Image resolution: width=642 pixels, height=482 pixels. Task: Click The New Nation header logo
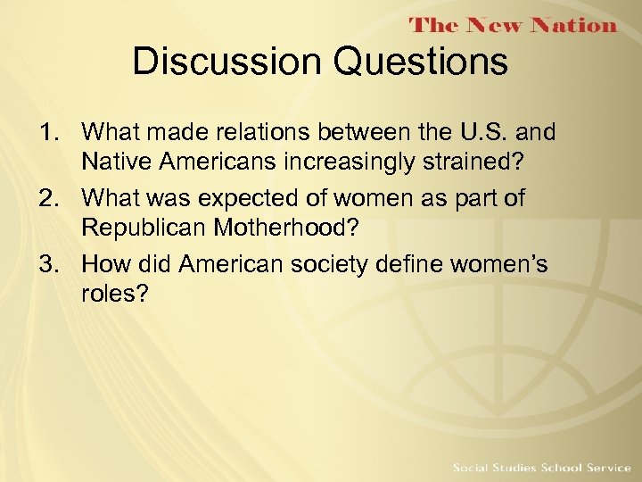pos(513,25)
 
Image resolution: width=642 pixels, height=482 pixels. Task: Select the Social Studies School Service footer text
pos(541,468)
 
